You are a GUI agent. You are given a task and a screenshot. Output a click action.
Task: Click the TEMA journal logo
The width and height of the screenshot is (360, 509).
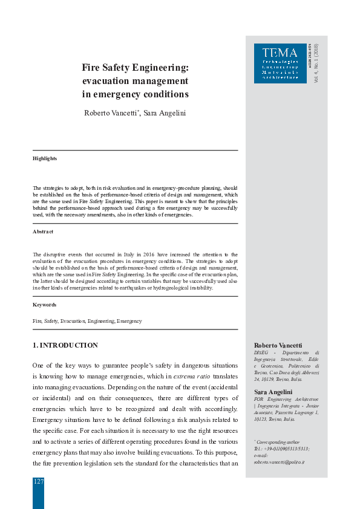coord(280,63)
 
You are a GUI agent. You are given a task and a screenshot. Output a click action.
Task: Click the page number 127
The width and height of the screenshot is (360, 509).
coord(38,481)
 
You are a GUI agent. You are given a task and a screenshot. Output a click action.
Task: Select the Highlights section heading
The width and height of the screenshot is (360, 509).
coord(45,158)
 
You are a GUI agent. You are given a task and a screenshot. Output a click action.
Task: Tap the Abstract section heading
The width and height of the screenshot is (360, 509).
coord(43,232)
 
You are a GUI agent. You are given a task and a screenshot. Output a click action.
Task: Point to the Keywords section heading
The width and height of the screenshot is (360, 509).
coord(44,305)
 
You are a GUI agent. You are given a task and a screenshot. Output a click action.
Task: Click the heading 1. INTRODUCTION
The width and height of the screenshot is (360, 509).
coord(65,345)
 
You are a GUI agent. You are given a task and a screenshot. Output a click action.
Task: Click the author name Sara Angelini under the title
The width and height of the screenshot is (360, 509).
coord(165,113)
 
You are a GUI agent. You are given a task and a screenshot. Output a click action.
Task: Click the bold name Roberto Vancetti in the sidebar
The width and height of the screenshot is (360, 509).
coord(278,345)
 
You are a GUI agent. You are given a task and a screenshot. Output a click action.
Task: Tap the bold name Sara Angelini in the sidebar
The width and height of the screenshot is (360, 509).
coord(273,392)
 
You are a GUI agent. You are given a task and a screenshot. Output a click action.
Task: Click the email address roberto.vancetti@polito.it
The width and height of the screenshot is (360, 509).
coord(279,461)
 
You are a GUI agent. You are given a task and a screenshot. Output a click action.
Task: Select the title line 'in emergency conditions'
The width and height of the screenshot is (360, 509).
coord(135,94)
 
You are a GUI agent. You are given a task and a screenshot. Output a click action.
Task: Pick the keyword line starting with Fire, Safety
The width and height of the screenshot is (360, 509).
coord(87,321)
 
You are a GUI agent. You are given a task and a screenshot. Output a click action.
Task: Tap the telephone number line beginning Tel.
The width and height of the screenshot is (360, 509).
coord(282,449)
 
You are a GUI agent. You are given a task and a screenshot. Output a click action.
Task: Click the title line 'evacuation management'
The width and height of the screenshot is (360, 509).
coord(135,80)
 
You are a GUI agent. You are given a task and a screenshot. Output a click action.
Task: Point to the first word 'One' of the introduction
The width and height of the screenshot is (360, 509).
coord(39,366)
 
